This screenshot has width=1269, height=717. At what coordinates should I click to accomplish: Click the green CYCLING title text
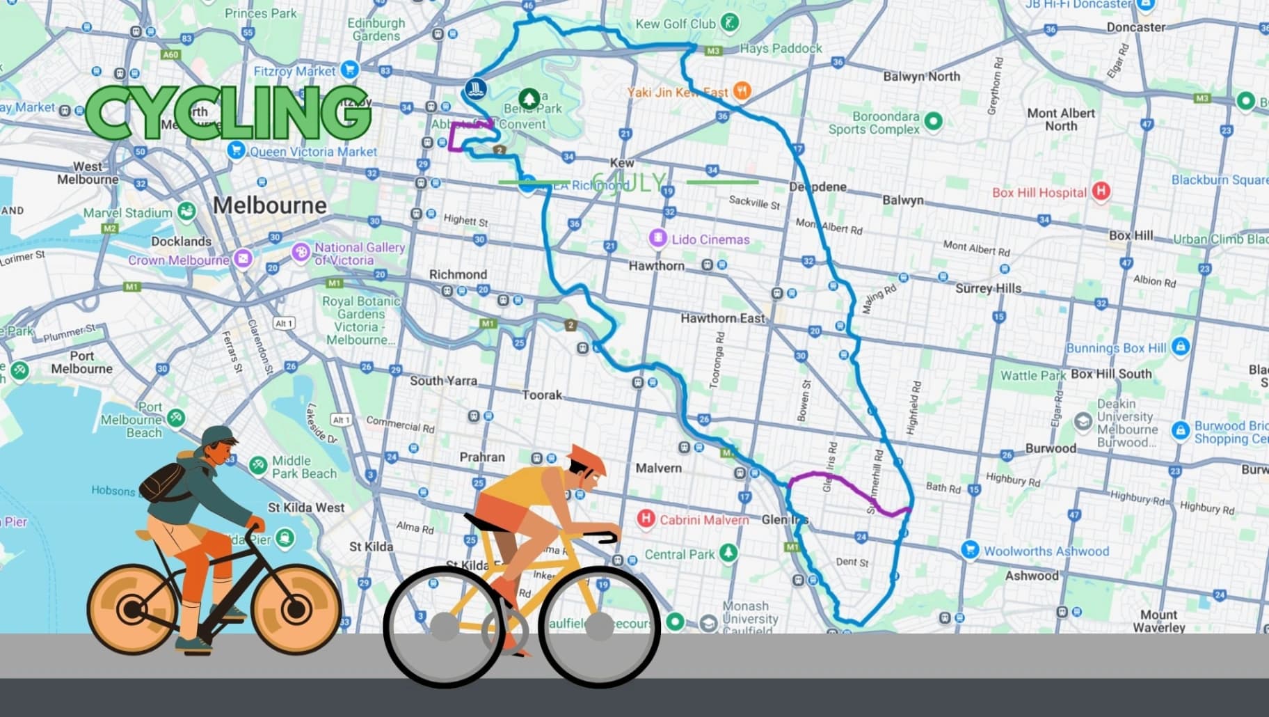tap(228, 113)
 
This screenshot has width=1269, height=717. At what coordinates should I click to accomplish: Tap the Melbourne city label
tap(269, 205)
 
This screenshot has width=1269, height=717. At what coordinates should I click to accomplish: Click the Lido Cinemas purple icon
tap(657, 239)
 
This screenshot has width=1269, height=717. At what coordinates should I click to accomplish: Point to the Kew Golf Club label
tap(675, 24)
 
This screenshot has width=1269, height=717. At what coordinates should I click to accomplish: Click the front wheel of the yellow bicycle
tap(599, 627)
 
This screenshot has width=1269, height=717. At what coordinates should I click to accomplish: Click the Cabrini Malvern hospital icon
tap(646, 519)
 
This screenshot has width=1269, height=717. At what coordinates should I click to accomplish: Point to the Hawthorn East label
tap(722, 318)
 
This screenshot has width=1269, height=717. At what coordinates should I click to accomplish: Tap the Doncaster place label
tap(1135, 27)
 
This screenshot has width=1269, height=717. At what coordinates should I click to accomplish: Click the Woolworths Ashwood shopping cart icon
tap(970, 550)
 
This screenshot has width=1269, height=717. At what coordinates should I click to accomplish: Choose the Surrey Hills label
tap(988, 288)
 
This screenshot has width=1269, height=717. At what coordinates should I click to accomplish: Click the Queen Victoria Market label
tap(313, 152)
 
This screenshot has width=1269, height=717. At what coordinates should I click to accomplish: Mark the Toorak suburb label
tap(542, 395)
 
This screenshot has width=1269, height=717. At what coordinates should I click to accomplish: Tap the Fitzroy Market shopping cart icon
tap(350, 70)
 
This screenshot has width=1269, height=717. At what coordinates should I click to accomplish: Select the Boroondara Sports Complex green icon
tap(933, 121)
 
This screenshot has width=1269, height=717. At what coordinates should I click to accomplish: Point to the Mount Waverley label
tap(1158, 621)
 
